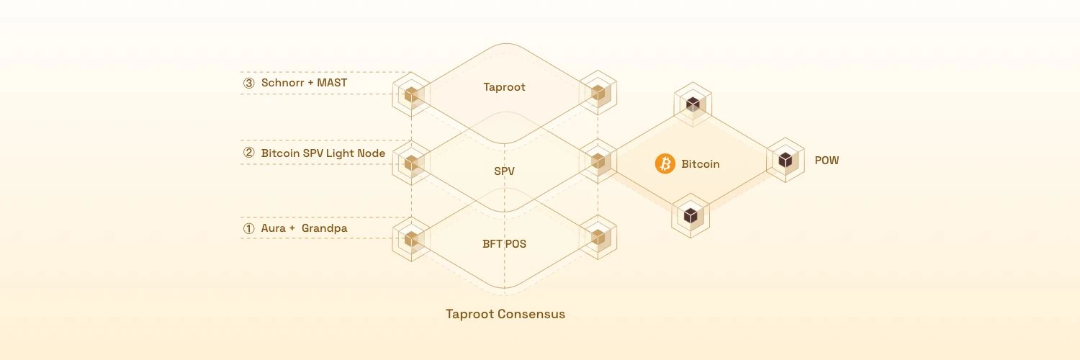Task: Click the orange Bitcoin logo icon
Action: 665,164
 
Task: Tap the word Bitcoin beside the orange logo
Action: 700,164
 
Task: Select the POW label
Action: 827,161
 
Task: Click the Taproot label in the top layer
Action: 504,87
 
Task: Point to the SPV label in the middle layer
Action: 504,171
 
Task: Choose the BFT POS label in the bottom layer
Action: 504,243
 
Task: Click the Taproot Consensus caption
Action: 505,314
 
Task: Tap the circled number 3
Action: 249,84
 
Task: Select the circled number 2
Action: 249,153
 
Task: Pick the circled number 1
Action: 249,229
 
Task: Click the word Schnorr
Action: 283,83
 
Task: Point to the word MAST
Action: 332,83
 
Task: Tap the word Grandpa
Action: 325,229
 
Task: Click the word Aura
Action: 274,229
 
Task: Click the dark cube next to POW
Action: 785,161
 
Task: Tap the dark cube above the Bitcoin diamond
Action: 693,104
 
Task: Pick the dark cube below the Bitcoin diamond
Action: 690,215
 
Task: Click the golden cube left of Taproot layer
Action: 411,94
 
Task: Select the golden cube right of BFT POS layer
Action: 598,237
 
